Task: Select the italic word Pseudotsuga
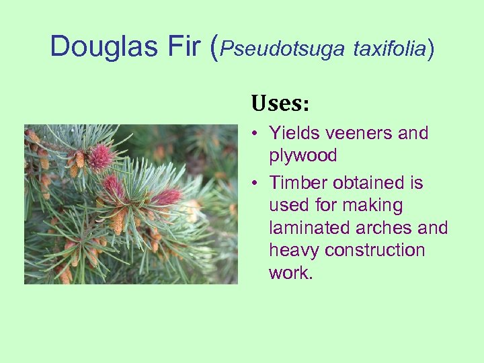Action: [x=282, y=48]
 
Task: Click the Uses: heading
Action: [x=280, y=104]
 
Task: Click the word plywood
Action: [x=302, y=156]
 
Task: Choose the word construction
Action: [x=375, y=251]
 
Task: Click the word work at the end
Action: [x=289, y=273]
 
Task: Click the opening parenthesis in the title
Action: [x=215, y=47]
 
